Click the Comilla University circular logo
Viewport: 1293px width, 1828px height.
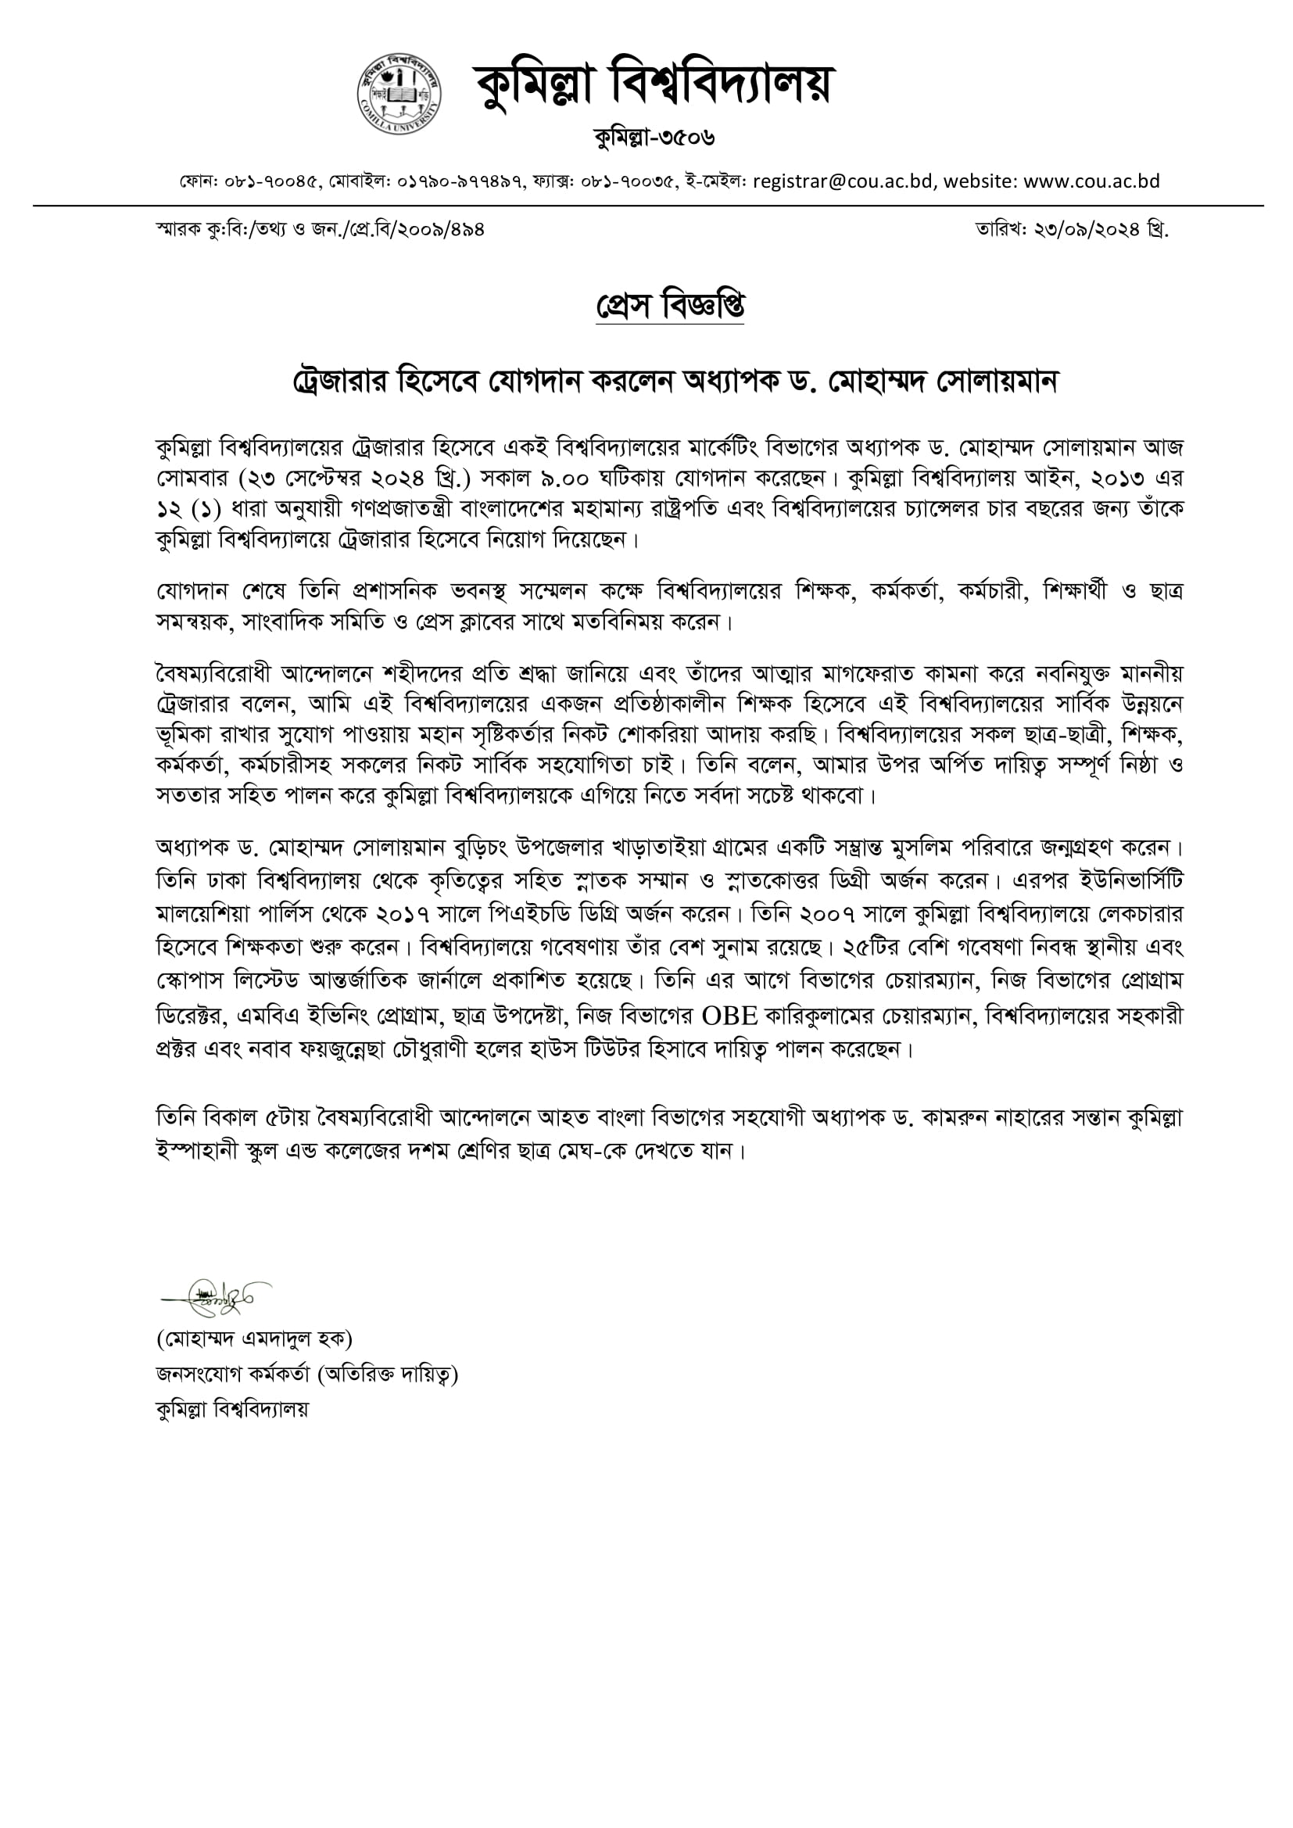coord(399,95)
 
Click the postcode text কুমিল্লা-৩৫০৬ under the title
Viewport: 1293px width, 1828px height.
coord(654,138)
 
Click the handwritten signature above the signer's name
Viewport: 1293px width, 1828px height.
coord(216,1298)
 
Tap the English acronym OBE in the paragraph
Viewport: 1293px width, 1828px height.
coord(729,1016)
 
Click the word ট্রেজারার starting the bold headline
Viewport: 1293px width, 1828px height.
coord(338,383)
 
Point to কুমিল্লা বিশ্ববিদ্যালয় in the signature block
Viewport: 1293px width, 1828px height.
coord(232,1408)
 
